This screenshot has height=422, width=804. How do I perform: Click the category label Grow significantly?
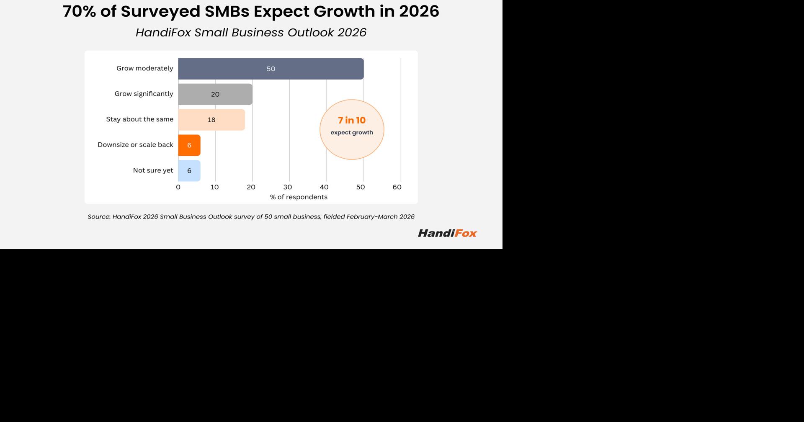pyautogui.click(x=144, y=94)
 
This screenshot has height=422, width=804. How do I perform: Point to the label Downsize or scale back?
pyautogui.click(x=135, y=145)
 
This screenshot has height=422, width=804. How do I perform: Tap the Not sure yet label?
pyautogui.click(x=153, y=170)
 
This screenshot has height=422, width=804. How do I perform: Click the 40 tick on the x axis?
pyautogui.click(x=324, y=187)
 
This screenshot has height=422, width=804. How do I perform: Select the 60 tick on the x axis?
pyautogui.click(x=397, y=187)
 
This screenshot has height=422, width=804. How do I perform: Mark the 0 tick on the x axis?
pyautogui.click(x=178, y=187)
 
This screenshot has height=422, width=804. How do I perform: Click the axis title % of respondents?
pyautogui.click(x=299, y=197)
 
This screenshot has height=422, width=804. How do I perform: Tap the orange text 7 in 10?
pyautogui.click(x=352, y=121)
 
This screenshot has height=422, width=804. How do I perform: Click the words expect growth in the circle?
pyautogui.click(x=352, y=133)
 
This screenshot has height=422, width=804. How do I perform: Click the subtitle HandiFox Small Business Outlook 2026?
pyautogui.click(x=251, y=33)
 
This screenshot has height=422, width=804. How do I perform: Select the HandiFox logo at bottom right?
pyautogui.click(x=447, y=233)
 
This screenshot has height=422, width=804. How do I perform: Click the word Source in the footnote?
pyautogui.click(x=99, y=217)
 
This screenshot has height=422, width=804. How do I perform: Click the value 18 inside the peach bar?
pyautogui.click(x=211, y=120)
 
